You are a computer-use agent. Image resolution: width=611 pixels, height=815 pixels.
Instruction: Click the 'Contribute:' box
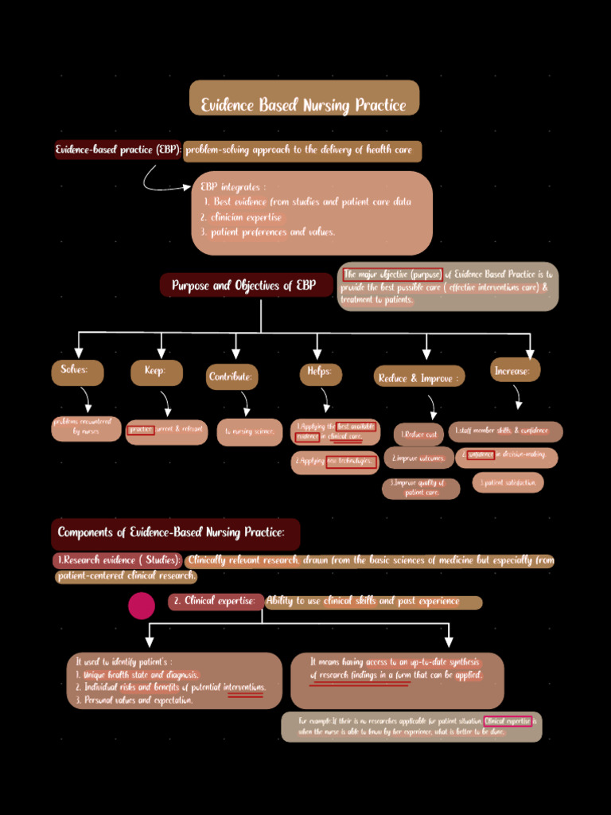232,376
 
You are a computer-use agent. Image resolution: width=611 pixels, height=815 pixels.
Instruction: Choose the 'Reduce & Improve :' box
418,378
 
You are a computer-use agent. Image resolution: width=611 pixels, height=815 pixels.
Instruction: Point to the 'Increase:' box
515,370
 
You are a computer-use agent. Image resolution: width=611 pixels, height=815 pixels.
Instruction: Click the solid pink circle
142,606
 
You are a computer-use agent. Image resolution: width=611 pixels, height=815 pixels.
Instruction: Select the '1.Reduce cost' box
419,434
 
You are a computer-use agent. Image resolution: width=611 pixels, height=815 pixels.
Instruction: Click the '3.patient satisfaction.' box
508,482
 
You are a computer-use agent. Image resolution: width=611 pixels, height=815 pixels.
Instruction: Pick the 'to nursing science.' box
249,432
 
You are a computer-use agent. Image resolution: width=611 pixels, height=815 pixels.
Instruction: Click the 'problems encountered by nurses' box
86,428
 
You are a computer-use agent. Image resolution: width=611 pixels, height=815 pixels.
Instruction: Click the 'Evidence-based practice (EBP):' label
118,150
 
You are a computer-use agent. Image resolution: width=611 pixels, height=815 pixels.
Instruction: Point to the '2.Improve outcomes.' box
419,458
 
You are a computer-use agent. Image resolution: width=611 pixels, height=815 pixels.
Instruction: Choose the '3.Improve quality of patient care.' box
421,488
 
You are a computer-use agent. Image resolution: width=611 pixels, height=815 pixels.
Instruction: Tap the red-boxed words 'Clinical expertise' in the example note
508,721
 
